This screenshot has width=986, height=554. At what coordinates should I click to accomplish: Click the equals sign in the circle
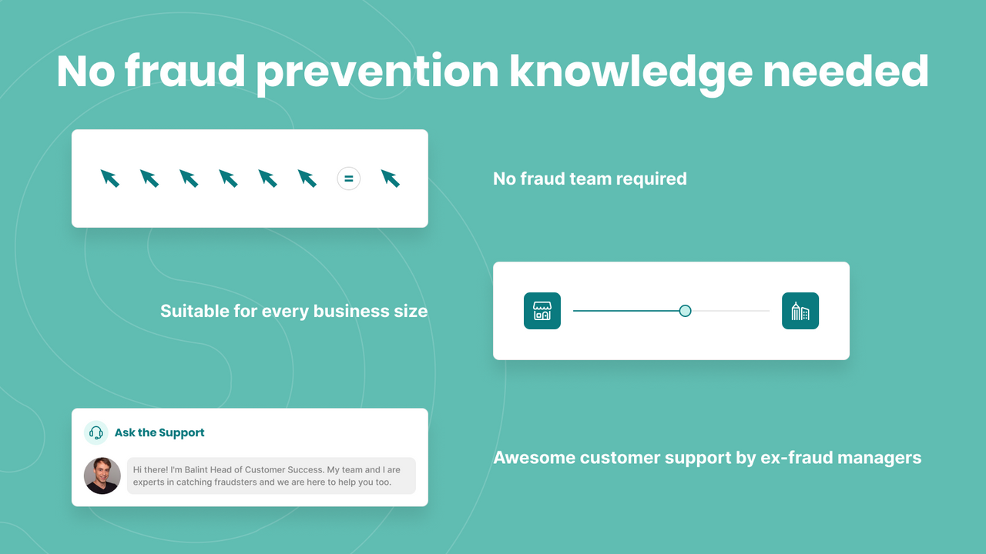pos(348,179)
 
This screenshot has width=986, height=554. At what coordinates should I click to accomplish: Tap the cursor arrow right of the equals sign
pos(391,179)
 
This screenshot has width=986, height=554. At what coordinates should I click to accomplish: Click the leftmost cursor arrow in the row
pos(110,179)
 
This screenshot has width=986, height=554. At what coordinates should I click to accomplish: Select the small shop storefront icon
pos(542,311)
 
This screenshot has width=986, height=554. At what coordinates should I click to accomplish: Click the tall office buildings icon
pos(800,311)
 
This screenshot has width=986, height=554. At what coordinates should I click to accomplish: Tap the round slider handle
pos(685,311)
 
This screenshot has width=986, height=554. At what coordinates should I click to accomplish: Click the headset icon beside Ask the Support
pos(96,432)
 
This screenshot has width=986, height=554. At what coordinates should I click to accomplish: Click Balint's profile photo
pos(102,476)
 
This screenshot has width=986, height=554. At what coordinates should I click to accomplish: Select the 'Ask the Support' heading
pos(159,432)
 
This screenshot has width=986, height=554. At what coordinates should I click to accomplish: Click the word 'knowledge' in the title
pos(630,72)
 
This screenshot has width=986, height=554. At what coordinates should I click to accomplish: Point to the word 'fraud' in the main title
pos(183,71)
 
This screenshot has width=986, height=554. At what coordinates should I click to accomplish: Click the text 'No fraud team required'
pos(589,179)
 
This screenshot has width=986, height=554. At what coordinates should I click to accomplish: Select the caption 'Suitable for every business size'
pos(293,311)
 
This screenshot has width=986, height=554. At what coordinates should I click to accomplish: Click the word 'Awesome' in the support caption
pos(534,458)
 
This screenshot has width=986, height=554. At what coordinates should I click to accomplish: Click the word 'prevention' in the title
pos(377,72)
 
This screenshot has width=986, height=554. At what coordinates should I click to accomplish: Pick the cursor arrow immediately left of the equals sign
pos(307,179)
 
